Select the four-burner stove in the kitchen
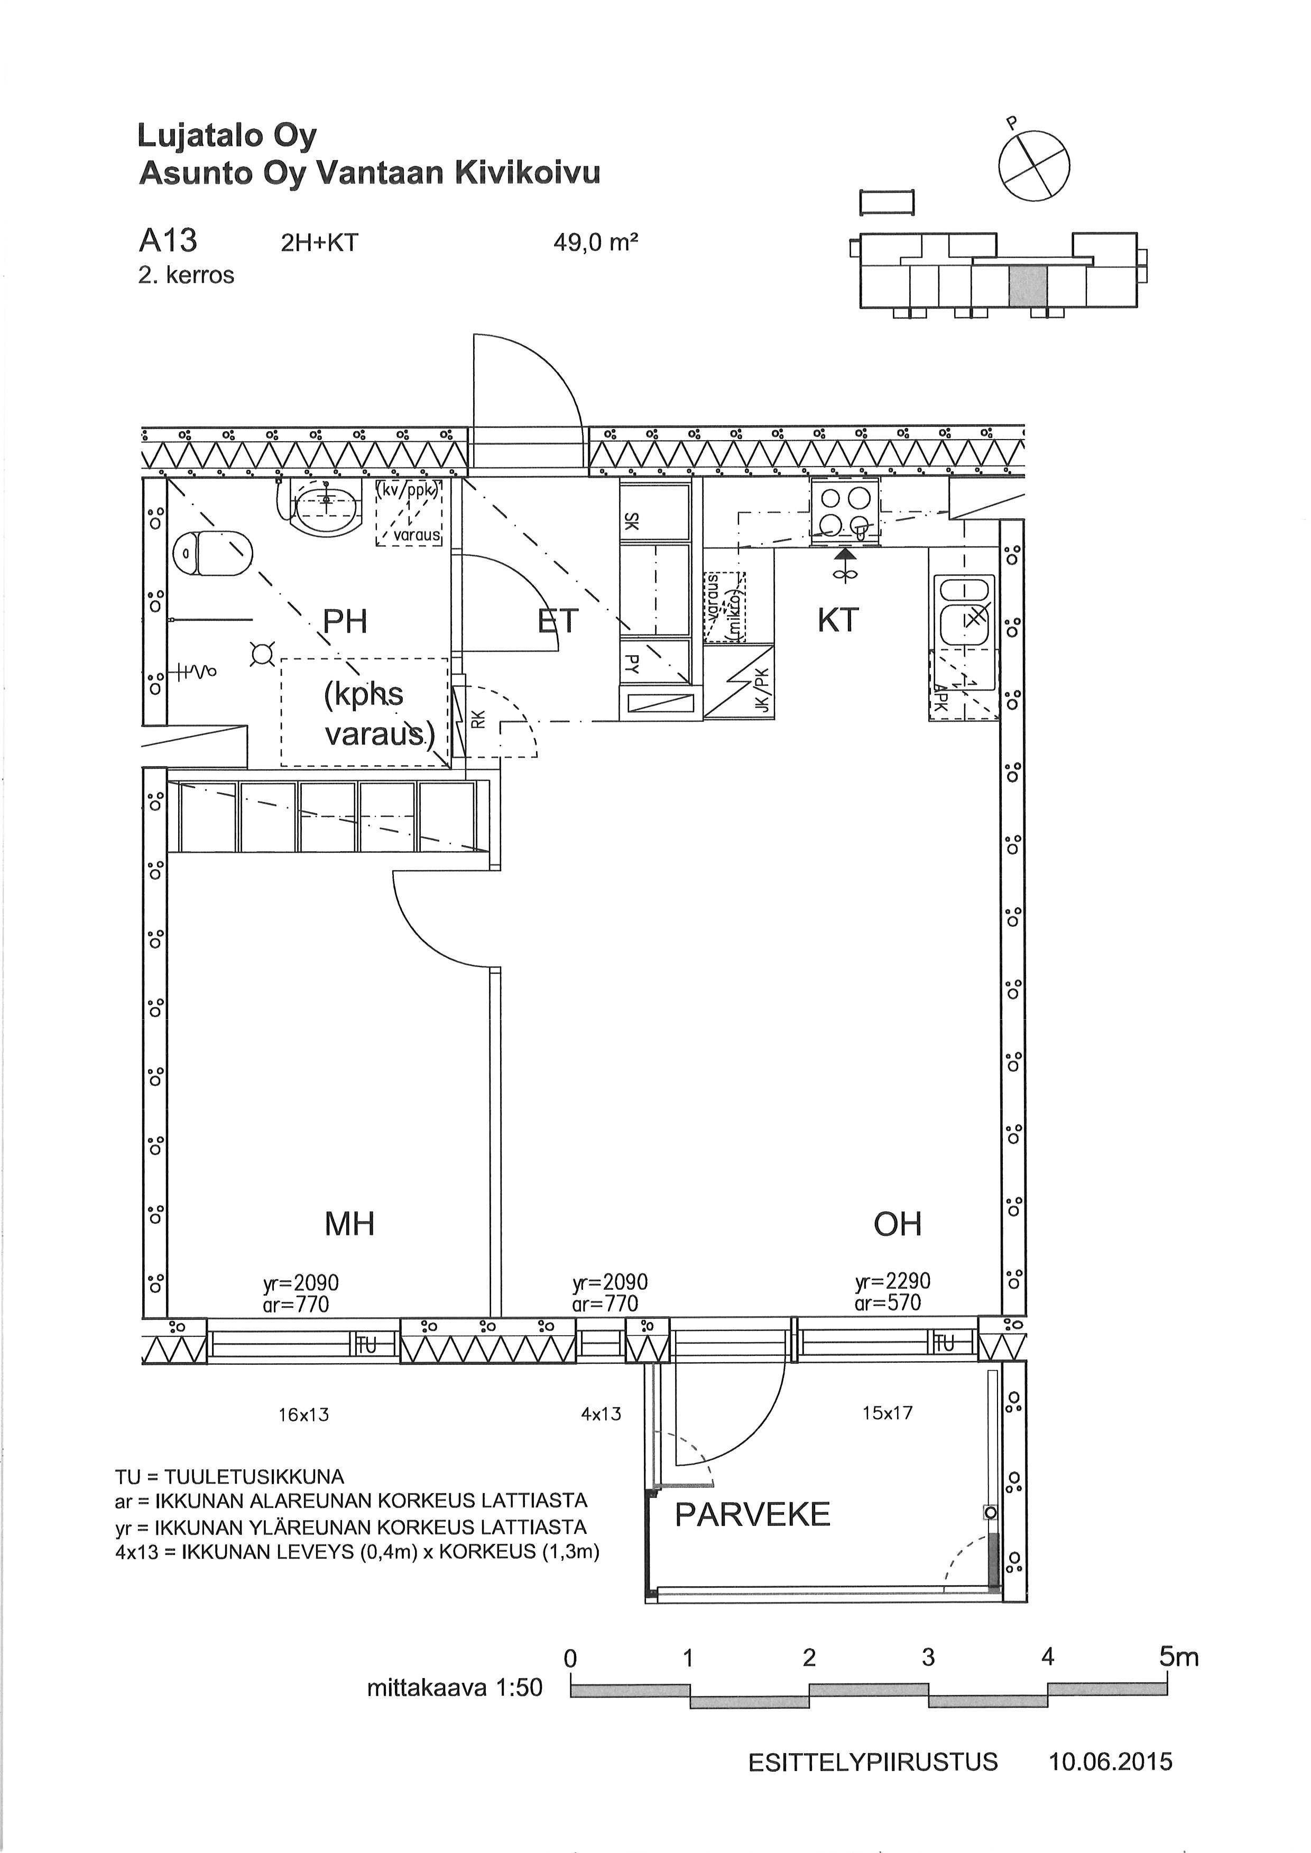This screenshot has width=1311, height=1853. pyautogui.click(x=844, y=511)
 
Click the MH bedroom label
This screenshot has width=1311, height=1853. pyautogui.click(x=349, y=1224)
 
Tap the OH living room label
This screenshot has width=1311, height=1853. pyautogui.click(x=897, y=1224)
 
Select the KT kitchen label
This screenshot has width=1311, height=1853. pyautogui.click(x=837, y=620)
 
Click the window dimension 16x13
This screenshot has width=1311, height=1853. pyautogui.click(x=303, y=1414)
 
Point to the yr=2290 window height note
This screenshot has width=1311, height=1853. pyautogui.click(x=893, y=1281)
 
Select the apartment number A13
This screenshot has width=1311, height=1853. pyautogui.click(x=168, y=240)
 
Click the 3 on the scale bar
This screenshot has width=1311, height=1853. pyautogui.click(x=928, y=1657)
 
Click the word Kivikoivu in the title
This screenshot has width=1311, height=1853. pyautogui.click(x=528, y=173)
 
